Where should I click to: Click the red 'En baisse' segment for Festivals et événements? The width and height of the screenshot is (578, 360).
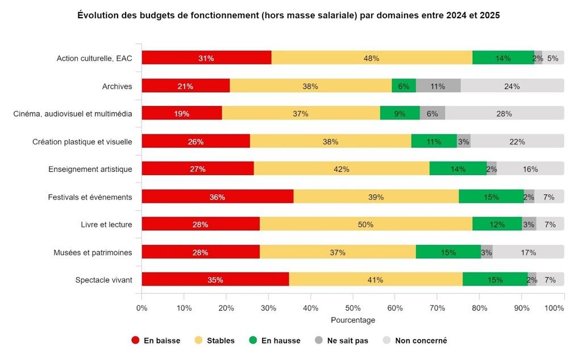pyautogui.click(x=217, y=197)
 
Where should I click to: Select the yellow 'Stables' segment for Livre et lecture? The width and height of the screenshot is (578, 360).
pyautogui.click(x=365, y=224)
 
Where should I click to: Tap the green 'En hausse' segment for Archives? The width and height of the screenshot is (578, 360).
pyautogui.click(x=404, y=86)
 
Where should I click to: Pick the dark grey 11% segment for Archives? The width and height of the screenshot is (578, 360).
pyautogui.click(x=438, y=86)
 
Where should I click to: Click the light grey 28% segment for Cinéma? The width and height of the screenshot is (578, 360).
pyautogui.click(x=504, y=113)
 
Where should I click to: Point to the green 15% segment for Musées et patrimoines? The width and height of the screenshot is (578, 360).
pyautogui.click(x=448, y=252)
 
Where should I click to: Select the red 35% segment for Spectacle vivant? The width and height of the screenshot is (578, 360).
pyautogui.click(x=215, y=279)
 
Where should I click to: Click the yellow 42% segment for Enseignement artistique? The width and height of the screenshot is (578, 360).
pyautogui.click(x=341, y=169)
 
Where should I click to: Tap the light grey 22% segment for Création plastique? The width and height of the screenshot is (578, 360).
pyautogui.click(x=517, y=141)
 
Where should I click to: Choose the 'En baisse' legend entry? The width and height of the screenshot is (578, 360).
pyautogui.click(x=156, y=341)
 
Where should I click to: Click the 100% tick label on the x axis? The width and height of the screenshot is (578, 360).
pyautogui.click(x=555, y=308)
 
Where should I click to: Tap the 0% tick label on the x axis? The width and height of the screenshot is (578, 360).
pyautogui.click(x=142, y=308)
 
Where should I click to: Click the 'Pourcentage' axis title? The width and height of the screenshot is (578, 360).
pyautogui.click(x=353, y=320)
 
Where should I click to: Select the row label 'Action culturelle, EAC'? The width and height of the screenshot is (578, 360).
pyautogui.click(x=94, y=58)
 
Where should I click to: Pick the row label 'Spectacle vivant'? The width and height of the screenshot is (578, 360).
pyautogui.click(x=103, y=279)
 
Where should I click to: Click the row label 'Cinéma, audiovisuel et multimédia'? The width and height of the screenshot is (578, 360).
pyautogui.click(x=73, y=113)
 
